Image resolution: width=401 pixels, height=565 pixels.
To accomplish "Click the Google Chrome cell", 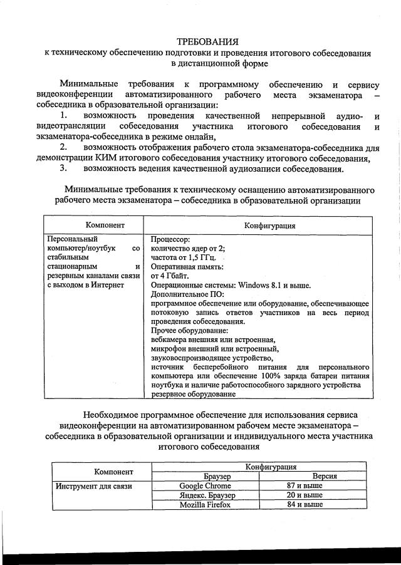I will [205, 485].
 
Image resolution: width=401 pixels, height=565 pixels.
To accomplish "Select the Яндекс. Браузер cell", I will [205, 495].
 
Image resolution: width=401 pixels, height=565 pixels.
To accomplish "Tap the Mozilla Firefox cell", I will [205, 504].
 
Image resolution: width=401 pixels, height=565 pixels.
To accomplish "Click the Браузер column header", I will [205, 477].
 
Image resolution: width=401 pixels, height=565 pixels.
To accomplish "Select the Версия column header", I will [325, 477].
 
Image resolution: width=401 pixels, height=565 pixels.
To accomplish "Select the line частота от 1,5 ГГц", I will [184, 257].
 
